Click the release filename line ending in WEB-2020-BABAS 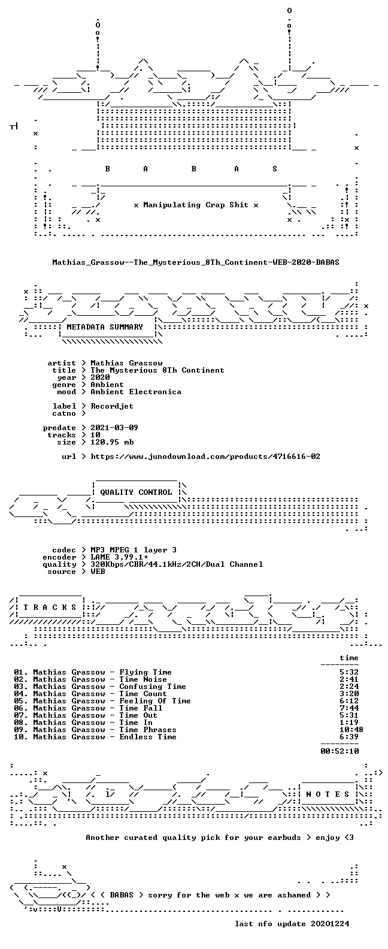click(196, 262)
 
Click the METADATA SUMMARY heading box click(105, 327)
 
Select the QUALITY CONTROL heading click(136, 492)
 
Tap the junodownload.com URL click(205, 457)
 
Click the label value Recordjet click(112, 406)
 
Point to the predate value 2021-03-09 click(114, 428)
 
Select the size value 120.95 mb click(112, 442)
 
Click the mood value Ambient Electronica click(136, 392)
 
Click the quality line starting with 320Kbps click(177, 564)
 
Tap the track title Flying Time click(145, 672)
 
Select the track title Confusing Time click(153, 687)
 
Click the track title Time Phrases click(148, 730)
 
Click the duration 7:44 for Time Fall click(349, 708)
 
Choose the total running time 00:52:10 click(339, 751)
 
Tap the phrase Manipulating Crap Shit click(196, 205)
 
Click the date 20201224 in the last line click(330, 924)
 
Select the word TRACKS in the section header click(50, 608)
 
